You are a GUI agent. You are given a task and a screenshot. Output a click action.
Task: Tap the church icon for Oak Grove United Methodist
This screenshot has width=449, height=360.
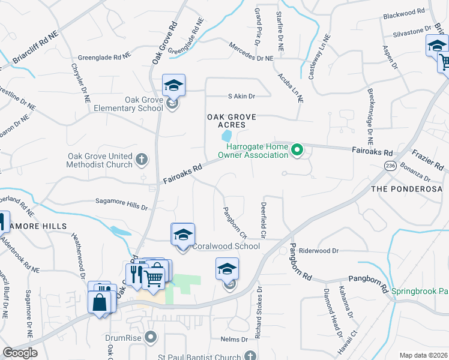(x=141, y=159)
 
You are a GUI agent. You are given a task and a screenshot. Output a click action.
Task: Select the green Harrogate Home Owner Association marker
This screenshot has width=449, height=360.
(x=297, y=151)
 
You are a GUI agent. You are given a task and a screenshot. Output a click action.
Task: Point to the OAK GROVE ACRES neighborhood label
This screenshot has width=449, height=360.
(x=227, y=121)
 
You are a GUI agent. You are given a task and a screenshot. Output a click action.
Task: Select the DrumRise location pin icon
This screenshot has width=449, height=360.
(x=150, y=336)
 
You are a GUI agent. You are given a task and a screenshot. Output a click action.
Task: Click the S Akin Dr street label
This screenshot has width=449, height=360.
(x=241, y=96)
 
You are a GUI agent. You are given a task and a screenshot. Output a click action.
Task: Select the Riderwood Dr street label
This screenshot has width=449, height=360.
(x=319, y=250)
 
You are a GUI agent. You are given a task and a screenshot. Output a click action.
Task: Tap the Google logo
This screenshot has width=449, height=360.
(x=20, y=353)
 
